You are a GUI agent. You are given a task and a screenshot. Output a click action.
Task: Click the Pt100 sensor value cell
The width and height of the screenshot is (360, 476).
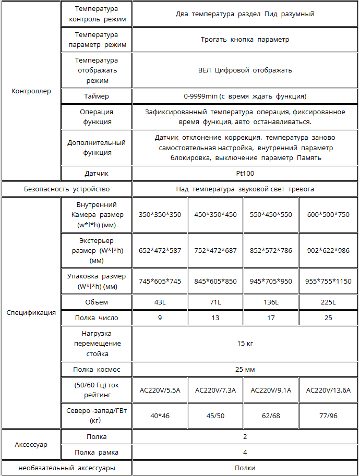[245, 174]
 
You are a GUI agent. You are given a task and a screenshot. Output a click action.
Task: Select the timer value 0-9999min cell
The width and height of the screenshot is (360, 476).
[245, 96]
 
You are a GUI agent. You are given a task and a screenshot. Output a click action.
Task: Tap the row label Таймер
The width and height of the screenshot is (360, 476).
[97, 96]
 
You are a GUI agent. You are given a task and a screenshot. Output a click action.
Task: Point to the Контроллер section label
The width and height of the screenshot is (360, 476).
[31, 91]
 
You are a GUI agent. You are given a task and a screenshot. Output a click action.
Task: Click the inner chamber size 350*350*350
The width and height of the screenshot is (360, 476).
[160, 214]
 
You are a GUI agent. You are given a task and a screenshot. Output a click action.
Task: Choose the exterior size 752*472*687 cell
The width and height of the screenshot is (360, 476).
[215, 250]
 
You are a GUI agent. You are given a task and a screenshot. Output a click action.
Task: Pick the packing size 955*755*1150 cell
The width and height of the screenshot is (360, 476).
[328, 282]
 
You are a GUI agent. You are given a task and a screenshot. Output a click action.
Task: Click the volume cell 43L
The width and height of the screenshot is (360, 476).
[160, 302]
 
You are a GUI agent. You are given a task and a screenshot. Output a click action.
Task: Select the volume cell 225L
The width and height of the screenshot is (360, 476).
[328, 302]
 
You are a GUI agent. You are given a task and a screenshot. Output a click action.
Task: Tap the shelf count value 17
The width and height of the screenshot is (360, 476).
[271, 318]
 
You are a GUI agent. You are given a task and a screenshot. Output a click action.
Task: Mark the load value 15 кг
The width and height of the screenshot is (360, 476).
[245, 343]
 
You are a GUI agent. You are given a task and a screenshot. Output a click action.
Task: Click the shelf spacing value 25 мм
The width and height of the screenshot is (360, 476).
[245, 370]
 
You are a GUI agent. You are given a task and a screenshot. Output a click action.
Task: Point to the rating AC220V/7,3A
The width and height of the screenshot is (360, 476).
[215, 390]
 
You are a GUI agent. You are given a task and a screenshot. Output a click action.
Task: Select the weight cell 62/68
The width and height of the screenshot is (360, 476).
[271, 416]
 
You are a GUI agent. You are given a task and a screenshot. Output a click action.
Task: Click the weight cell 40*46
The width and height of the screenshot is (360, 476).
[160, 416]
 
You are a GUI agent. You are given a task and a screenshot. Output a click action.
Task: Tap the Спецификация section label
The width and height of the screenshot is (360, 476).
[31, 313]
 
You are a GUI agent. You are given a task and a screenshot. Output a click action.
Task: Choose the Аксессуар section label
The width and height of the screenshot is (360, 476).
[31, 445]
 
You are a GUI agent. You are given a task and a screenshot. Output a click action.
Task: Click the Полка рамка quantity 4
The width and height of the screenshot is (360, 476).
[245, 453]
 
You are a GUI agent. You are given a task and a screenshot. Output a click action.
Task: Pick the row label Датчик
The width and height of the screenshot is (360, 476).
[97, 174]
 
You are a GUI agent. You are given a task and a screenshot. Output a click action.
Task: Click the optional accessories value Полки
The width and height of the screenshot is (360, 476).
[245, 468]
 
